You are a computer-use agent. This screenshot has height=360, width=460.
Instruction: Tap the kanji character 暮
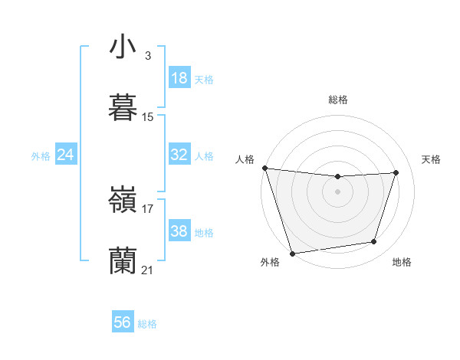(x=123, y=107)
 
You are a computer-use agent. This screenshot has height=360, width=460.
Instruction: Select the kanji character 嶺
(x=123, y=199)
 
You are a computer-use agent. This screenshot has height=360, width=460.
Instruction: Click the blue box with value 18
(x=179, y=78)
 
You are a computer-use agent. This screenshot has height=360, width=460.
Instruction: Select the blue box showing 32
(x=179, y=155)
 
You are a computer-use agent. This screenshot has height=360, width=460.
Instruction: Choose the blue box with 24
(x=66, y=155)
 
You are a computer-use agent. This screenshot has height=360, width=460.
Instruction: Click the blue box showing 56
(x=123, y=322)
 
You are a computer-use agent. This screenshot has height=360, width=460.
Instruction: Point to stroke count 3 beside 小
(x=147, y=55)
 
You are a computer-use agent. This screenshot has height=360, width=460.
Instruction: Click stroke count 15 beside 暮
(x=148, y=117)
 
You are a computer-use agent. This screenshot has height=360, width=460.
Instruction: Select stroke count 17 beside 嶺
(x=148, y=208)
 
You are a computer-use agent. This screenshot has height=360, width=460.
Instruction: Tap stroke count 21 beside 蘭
(x=148, y=270)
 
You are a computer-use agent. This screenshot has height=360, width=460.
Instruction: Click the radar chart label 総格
(x=338, y=100)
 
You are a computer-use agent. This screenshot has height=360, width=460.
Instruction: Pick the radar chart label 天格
(x=431, y=159)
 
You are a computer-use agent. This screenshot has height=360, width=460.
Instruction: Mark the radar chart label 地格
(x=402, y=262)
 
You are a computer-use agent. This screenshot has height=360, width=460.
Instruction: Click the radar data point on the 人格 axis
(x=264, y=168)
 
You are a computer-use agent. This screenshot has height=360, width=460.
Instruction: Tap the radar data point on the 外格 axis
(x=292, y=253)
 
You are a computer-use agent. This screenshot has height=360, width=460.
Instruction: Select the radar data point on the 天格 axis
(x=396, y=172)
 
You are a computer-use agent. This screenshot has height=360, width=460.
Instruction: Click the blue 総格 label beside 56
(x=147, y=324)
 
